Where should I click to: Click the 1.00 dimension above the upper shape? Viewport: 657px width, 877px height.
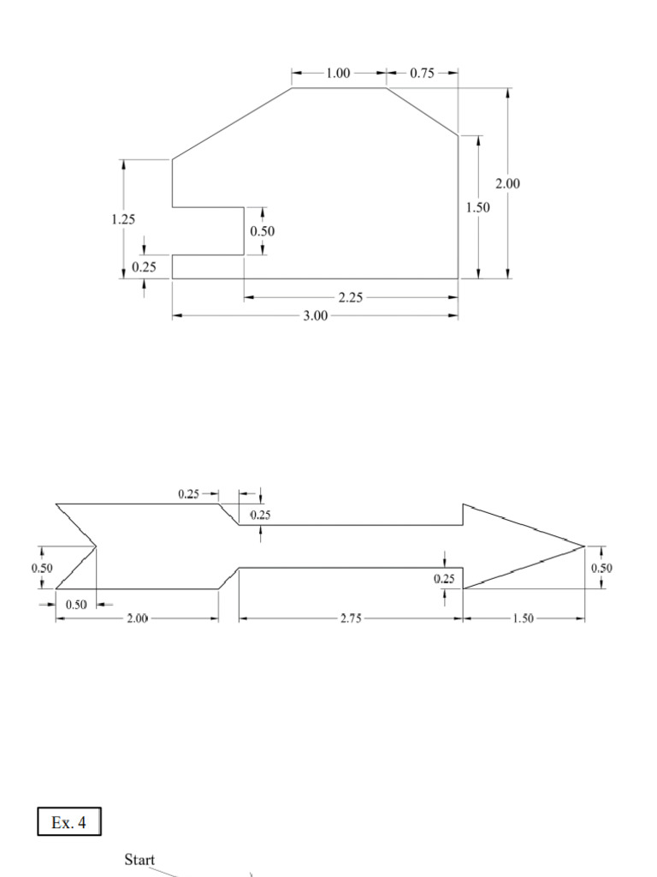pyautogui.click(x=339, y=74)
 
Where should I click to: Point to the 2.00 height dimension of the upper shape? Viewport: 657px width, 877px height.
pyautogui.click(x=507, y=183)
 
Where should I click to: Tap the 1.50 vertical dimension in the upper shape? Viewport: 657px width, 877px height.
pyautogui.click(x=477, y=207)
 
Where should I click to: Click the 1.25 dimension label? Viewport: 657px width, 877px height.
pyautogui.click(x=123, y=219)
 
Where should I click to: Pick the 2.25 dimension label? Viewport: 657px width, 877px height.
pyautogui.click(x=350, y=298)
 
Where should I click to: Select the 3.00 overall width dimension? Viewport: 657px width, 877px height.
pyautogui.click(x=316, y=316)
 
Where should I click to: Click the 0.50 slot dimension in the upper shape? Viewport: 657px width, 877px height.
pyautogui.click(x=263, y=231)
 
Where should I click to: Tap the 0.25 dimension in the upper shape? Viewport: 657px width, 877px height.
pyautogui.click(x=144, y=267)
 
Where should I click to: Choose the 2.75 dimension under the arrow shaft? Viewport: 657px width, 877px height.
pyautogui.click(x=350, y=618)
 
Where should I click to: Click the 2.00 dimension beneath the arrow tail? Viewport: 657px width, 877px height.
pyautogui.click(x=138, y=618)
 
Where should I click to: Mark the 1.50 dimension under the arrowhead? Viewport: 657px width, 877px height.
pyautogui.click(x=522, y=618)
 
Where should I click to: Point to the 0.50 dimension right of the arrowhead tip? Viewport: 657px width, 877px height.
pyautogui.click(x=601, y=568)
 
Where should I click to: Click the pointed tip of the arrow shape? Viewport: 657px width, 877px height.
pyautogui.click(x=584, y=546)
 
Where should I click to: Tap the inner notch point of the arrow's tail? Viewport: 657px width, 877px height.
pyautogui.click(x=95, y=546)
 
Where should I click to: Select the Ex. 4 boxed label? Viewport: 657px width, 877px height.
pyautogui.click(x=69, y=823)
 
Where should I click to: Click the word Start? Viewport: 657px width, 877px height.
pyautogui.click(x=139, y=860)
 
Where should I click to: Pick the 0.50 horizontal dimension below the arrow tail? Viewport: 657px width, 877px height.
pyautogui.click(x=77, y=604)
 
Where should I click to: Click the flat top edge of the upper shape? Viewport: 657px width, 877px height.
pyautogui.click(x=339, y=87)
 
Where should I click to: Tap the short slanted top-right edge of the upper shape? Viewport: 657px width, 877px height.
pyautogui.click(x=422, y=110)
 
